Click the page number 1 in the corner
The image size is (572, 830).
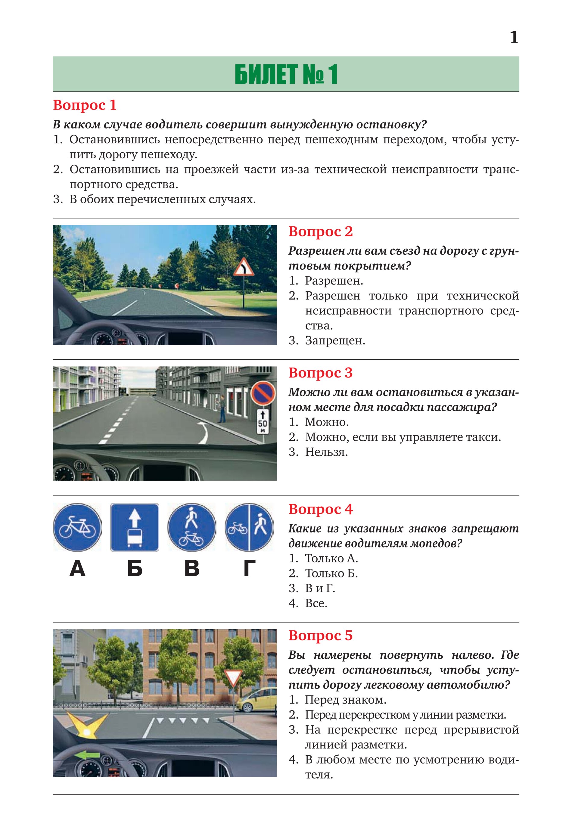pyautogui.click(x=514, y=37)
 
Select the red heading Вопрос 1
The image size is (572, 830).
pyautogui.click(x=85, y=105)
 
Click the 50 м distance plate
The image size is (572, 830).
pyautogui.click(x=263, y=422)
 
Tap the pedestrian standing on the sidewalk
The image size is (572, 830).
pyautogui.click(x=222, y=408)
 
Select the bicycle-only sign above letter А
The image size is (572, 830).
pyautogui.click(x=77, y=527)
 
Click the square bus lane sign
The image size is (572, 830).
pyautogui.click(x=134, y=527)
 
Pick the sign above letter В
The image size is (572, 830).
pyautogui.click(x=192, y=527)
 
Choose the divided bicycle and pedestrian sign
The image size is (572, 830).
pyautogui.click(x=249, y=527)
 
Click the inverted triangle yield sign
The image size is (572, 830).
pyautogui.click(x=233, y=677)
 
